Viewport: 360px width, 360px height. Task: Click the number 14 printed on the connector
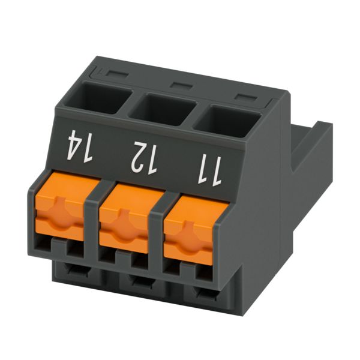coord(80,146)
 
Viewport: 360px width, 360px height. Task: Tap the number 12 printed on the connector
coord(144,158)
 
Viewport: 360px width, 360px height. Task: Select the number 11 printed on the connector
coord(209,170)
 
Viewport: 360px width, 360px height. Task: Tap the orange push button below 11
coord(196,230)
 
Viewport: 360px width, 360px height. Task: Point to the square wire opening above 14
coord(98,98)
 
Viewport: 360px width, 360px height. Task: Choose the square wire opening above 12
coord(163,109)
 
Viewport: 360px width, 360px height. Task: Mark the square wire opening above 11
coord(227,121)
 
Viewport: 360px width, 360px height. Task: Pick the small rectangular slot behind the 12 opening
coord(181,85)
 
